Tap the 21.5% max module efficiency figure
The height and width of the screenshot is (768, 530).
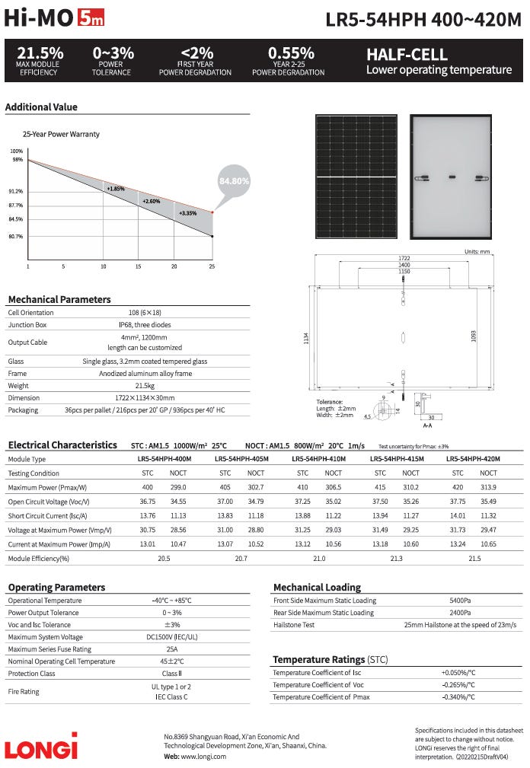40,54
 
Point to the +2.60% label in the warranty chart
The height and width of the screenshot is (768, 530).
152,201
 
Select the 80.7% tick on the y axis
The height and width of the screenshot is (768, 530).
16,237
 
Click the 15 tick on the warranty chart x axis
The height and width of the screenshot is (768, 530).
139,266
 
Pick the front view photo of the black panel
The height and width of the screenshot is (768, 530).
356,176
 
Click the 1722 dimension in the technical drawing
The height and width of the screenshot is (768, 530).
404,258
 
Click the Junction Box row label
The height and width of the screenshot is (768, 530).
27,324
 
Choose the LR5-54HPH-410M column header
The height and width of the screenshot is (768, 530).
319,460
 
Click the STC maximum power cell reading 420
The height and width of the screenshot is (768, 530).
458,487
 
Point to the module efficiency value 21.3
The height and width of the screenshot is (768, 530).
396,559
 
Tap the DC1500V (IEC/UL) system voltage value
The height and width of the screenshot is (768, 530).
171,637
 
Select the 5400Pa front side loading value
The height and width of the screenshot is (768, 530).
460,601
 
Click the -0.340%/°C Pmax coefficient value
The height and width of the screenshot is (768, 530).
458,697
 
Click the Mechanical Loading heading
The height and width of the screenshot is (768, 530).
317,588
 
